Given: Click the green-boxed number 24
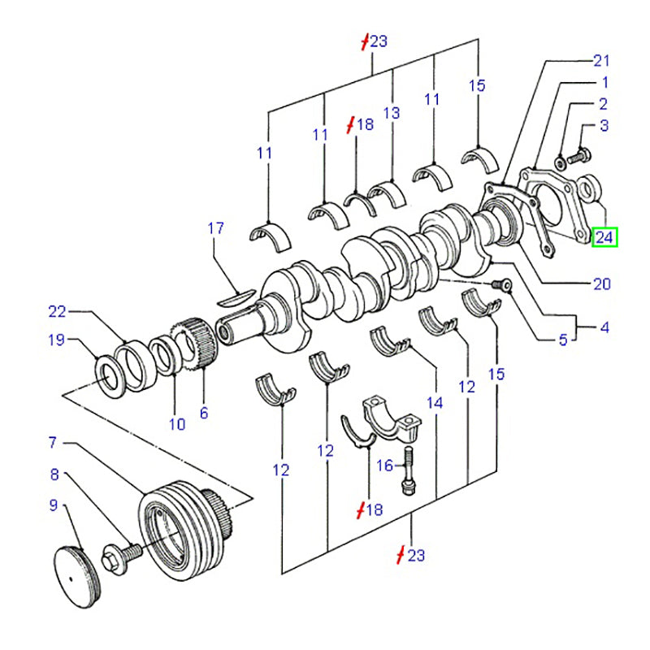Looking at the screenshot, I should (604, 237).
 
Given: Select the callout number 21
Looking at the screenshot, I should (600, 60).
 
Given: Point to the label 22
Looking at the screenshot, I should (56, 311).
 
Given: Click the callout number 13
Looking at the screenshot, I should (392, 113).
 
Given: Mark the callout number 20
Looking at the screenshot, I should (601, 284).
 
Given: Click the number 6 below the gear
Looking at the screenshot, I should (203, 413).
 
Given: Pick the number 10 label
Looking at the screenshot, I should (177, 423).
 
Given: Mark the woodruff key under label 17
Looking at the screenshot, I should (238, 297).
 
